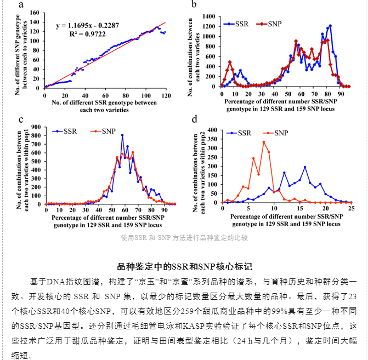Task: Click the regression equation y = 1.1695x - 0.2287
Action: (x=88, y=25)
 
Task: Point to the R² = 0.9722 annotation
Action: (x=88, y=34)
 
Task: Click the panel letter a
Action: (x=21, y=4)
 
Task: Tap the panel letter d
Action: (x=194, y=119)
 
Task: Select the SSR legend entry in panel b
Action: (x=236, y=24)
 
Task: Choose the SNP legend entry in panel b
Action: (x=269, y=24)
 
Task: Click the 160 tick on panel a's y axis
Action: (x=34, y=13)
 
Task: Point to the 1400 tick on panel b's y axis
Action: (x=209, y=16)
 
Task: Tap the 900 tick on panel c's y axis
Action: (x=36, y=127)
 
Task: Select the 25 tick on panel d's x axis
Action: (x=351, y=208)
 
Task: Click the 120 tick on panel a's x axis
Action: (x=166, y=95)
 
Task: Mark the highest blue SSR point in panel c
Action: (x=122, y=135)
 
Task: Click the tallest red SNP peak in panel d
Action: (x=264, y=142)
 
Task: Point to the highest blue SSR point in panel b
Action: (x=330, y=26)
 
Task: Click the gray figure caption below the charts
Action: (x=184, y=238)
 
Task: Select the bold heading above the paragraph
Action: (x=184, y=267)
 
